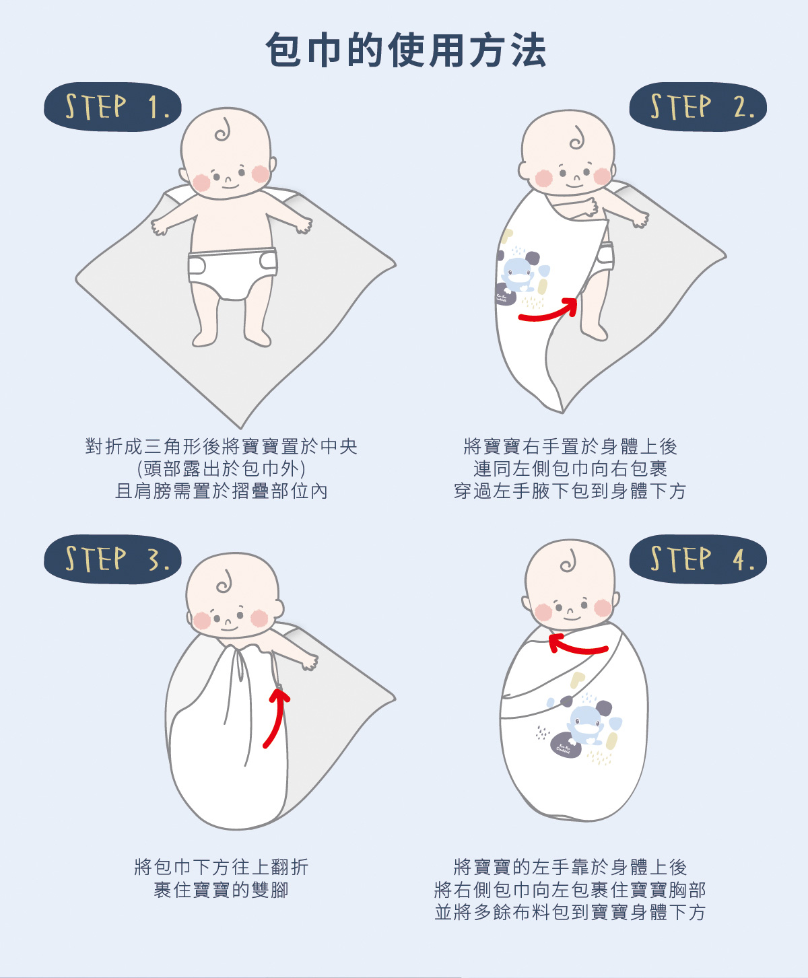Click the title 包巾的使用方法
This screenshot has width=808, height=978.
coord(405,50)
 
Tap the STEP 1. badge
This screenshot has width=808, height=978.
coord(112,107)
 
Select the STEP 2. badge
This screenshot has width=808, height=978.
coord(698,107)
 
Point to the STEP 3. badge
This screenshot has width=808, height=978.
coord(112,559)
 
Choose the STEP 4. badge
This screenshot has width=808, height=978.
coord(698,559)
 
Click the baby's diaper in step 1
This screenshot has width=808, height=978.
coord(232,273)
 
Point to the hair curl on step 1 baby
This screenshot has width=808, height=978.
coord(223,130)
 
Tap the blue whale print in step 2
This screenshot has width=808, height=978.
coord(517,272)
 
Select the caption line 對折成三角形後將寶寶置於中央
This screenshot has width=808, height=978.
coord(222,446)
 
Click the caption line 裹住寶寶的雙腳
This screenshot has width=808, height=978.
coord(222,890)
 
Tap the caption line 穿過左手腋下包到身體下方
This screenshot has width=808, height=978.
coord(570,491)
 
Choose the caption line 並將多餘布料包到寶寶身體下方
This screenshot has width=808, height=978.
coord(570,912)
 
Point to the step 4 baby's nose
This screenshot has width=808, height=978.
coord(570,612)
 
